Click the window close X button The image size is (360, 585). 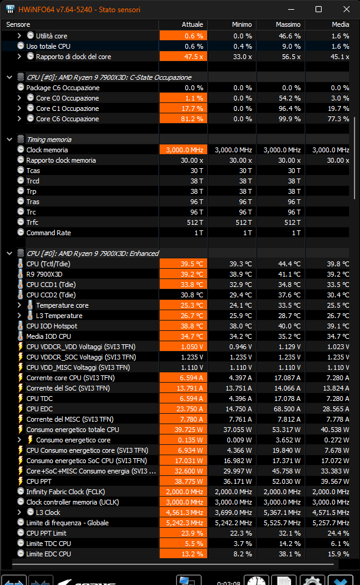click(346, 9)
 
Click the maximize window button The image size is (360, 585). click(319, 9)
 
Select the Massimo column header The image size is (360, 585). click(288, 24)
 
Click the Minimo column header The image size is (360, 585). click(242, 24)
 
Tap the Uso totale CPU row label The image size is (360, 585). click(48, 46)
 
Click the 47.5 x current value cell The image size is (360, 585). click(183, 57)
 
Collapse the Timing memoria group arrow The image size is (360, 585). click(9, 140)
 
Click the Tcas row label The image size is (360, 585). click(33, 171)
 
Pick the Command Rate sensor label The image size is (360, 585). click(49, 233)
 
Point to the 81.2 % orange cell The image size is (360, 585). click(183, 119)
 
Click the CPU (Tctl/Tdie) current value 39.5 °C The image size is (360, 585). click(183, 264)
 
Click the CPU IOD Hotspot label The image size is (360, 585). click(52, 326)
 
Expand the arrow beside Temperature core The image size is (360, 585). click(19, 305)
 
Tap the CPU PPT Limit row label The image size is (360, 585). click(46, 533)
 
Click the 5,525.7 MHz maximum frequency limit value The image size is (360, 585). click(282, 523)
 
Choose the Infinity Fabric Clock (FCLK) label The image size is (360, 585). click(66, 492)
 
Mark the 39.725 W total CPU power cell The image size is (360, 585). click(183, 430)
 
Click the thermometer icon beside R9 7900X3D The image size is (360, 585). click(21, 274)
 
